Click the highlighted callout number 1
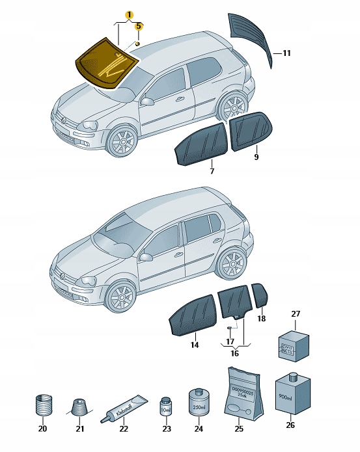(x=129, y=14)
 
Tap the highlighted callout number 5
(x=138, y=27)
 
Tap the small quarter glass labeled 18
(x=260, y=295)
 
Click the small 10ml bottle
(x=166, y=408)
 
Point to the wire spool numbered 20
(x=42, y=407)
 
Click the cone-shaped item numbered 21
(x=79, y=408)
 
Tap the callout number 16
(x=235, y=353)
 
